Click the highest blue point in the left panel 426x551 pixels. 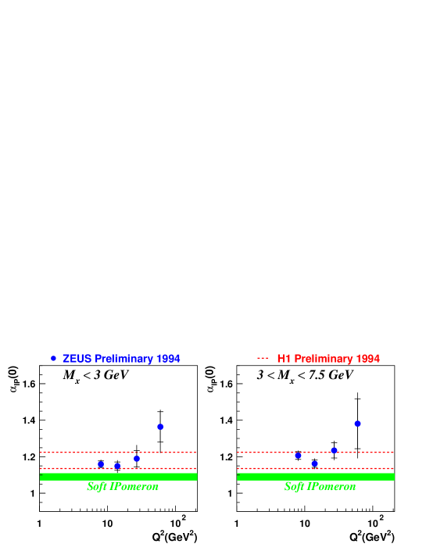tap(160, 427)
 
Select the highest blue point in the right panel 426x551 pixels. tap(357, 424)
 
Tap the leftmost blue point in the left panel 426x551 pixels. tap(101, 464)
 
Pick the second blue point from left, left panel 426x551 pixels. tap(117, 466)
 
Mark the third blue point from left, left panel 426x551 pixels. tap(137, 459)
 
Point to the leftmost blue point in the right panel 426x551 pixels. tap(298, 455)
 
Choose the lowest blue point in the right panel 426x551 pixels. tap(314, 463)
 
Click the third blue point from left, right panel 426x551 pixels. tap(334, 450)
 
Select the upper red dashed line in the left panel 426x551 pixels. tap(117, 452)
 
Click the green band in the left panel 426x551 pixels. tap(118, 476)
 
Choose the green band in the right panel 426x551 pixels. tap(315, 476)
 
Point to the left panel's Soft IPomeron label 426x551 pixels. tap(123, 487)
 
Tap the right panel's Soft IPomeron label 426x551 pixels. tap(320, 487)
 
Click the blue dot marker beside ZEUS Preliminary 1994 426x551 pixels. tap(53, 358)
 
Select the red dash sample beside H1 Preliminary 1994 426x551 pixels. tap(263, 358)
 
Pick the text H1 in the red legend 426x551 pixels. tap(284, 359)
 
